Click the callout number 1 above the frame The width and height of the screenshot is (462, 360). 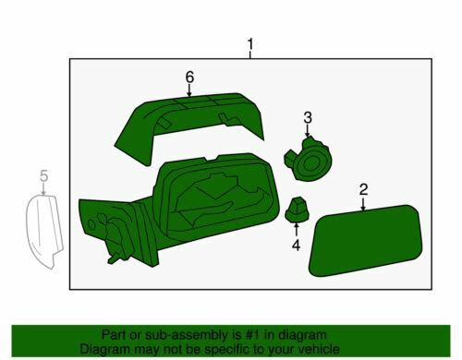point(250,44)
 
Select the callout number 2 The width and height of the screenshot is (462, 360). point(363,189)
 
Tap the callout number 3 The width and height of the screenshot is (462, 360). point(308,117)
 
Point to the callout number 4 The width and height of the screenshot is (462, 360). point(296,246)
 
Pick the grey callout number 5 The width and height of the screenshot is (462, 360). point(44,176)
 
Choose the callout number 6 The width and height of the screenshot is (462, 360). point(189,77)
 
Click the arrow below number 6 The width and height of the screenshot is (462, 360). point(189,90)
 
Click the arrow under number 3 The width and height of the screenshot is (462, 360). point(307,130)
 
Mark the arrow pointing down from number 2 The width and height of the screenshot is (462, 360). point(363,204)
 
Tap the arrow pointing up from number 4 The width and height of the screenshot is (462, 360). point(297,229)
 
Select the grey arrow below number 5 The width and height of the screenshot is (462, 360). point(43,188)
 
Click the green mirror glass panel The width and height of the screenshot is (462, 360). point(365,240)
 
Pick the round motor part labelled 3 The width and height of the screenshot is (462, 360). point(309,160)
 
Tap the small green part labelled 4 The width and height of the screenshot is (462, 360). point(297,210)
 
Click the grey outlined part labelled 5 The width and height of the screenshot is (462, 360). point(44,231)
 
